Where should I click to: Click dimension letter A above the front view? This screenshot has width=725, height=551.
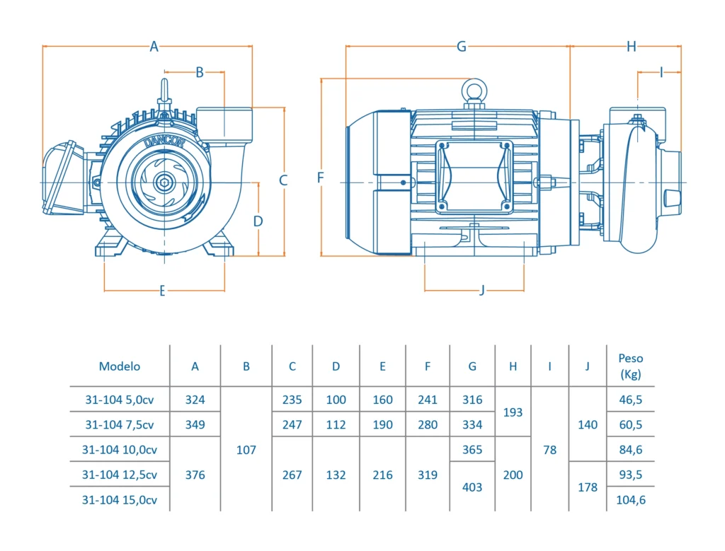pyautogui.click(x=154, y=47)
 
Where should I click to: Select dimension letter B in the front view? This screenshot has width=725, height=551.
pyautogui.click(x=200, y=72)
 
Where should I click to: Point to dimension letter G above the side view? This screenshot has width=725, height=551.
pyautogui.click(x=462, y=47)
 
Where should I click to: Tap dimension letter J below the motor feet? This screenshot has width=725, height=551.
pyautogui.click(x=482, y=290)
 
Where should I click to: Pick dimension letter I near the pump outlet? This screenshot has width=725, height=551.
pyautogui.click(x=661, y=72)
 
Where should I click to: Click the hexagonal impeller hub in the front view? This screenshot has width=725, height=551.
pyautogui.click(x=164, y=182)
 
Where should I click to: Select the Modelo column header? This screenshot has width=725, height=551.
pyautogui.click(x=120, y=366)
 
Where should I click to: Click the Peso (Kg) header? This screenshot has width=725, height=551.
pyautogui.click(x=630, y=366)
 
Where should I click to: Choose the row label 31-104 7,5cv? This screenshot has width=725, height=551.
pyautogui.click(x=119, y=425)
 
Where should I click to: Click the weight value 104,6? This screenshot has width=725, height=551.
pyautogui.click(x=630, y=499)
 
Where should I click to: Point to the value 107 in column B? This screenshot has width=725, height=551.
pyautogui.click(x=246, y=450)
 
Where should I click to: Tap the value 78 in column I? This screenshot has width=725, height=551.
pyautogui.click(x=549, y=450)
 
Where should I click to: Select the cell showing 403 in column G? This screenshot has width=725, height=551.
pyautogui.click(x=472, y=487)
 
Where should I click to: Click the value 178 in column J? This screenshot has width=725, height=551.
pyautogui.click(x=588, y=487)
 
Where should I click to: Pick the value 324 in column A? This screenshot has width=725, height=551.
pyautogui.click(x=195, y=400)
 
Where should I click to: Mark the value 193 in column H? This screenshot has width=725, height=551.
pyautogui.click(x=513, y=412)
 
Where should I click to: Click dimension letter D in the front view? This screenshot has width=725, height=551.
pyautogui.click(x=258, y=221)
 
